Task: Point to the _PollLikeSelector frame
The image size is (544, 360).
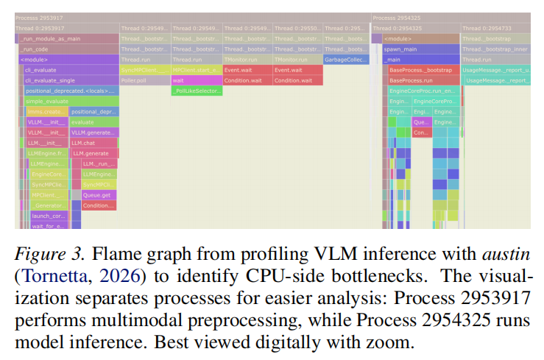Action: [196, 91]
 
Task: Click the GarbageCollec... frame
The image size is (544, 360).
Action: [346, 59]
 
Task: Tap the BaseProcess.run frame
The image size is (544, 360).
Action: [423, 80]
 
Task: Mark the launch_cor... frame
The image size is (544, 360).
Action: [49, 216]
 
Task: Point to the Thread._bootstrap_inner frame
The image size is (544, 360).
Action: [495, 49]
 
